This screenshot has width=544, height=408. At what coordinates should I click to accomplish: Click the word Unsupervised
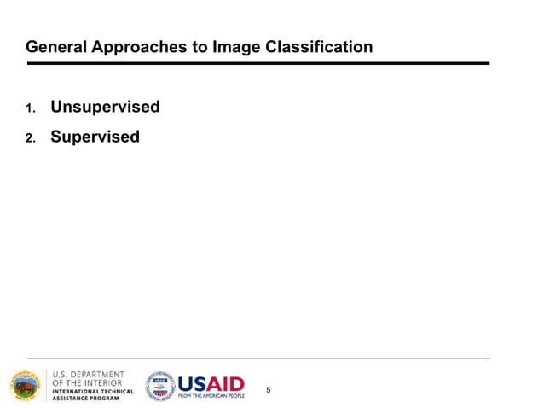pyautogui.click(x=105, y=108)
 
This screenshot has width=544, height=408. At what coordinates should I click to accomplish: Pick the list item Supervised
pyautogui.click(x=95, y=137)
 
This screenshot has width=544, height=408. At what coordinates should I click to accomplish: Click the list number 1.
pyautogui.click(x=30, y=108)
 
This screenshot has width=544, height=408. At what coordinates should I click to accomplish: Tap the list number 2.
pyautogui.click(x=30, y=137)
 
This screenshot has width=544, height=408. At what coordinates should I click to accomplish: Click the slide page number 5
pyautogui.click(x=269, y=390)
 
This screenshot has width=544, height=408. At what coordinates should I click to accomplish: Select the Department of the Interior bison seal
pyautogui.click(x=25, y=386)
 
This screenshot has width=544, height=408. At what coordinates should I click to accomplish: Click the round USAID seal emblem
pyautogui.click(x=159, y=386)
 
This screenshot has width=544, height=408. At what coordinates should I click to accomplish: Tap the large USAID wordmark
pyautogui.click(x=211, y=383)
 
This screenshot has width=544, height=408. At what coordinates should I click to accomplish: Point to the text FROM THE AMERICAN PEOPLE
pyautogui.click(x=211, y=397)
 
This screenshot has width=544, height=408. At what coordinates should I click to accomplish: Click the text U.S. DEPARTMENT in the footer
pyautogui.click(x=89, y=375)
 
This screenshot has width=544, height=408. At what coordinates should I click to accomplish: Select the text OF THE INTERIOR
pyautogui.click(x=89, y=383)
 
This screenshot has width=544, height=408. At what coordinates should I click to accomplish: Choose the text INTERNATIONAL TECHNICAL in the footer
pyautogui.click(x=93, y=392)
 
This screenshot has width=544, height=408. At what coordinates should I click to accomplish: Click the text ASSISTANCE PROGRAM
pyautogui.click(x=86, y=399)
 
